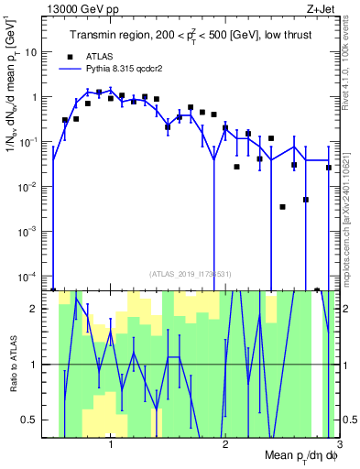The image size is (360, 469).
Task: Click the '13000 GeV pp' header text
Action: point(87,10)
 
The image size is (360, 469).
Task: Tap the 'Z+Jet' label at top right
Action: point(321,10)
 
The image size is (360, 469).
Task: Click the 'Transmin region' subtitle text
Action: point(118,36)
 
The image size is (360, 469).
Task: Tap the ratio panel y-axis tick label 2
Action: point(42,309)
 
